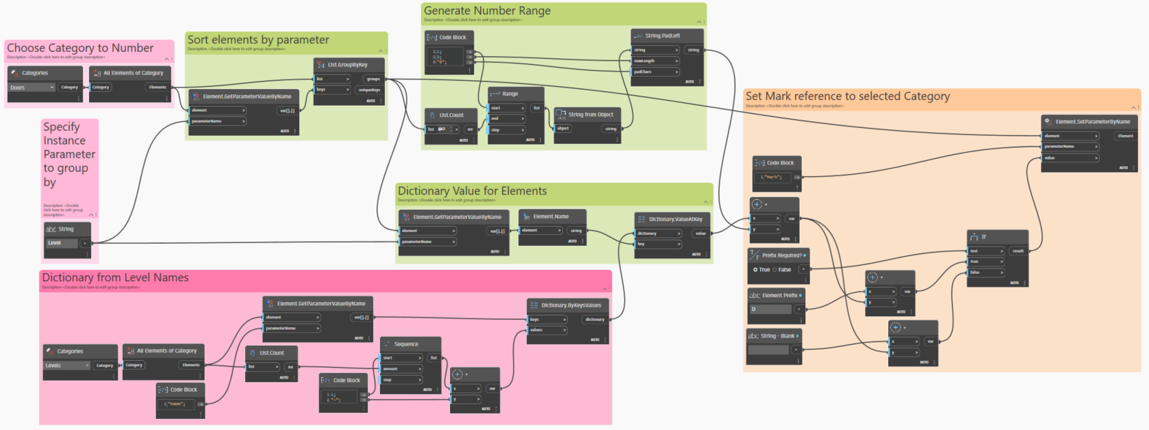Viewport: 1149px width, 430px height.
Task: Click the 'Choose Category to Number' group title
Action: (x=80, y=48)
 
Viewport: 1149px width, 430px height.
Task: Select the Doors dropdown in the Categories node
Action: (x=31, y=88)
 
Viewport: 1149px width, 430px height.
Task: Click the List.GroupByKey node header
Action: (x=348, y=64)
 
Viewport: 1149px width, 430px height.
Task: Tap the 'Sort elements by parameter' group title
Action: (x=258, y=40)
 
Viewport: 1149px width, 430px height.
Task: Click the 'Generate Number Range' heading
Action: (x=487, y=11)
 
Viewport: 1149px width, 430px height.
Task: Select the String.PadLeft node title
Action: (x=662, y=36)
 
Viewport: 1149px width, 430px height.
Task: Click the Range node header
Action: (x=510, y=94)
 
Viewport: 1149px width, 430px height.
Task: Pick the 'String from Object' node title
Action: (x=590, y=114)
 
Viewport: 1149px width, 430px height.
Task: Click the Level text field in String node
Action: (x=62, y=243)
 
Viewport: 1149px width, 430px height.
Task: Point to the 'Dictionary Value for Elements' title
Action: (x=472, y=191)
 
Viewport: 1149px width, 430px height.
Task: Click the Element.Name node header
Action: (x=551, y=216)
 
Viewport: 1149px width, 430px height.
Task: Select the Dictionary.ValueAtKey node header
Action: (x=675, y=219)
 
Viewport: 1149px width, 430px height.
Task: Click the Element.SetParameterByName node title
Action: (x=1092, y=121)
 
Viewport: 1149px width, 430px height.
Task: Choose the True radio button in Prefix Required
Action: (x=755, y=270)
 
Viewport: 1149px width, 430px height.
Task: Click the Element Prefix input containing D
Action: (x=770, y=309)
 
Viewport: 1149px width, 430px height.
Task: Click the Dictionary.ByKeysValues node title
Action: (x=571, y=305)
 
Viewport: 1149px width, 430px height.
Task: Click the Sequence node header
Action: (x=406, y=344)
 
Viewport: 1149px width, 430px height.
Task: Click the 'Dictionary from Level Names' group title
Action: (x=115, y=277)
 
